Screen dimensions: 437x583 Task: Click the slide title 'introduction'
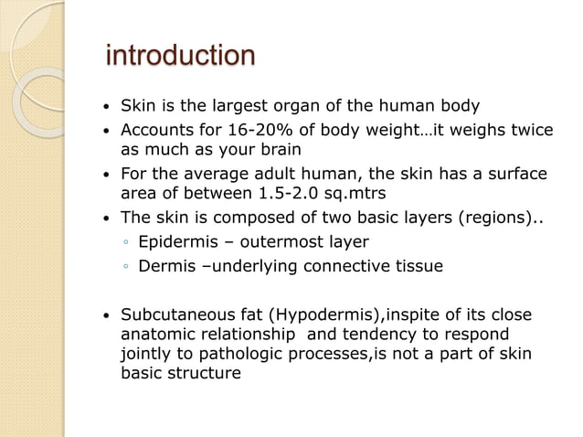[181, 56]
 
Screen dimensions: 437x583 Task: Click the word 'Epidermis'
[177, 242]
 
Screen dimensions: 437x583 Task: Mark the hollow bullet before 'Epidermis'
[126, 243]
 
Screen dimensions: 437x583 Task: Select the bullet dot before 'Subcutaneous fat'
[109, 317]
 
